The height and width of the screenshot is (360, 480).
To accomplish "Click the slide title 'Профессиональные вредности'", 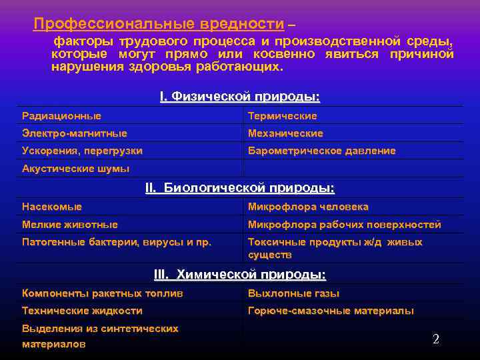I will (x=159, y=24).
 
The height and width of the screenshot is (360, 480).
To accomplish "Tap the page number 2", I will (x=436, y=339).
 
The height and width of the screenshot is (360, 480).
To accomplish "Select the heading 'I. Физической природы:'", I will (x=240, y=97).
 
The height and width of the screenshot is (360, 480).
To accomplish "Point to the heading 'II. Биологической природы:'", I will (x=240, y=189).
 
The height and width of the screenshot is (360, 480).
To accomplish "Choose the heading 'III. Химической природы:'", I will (x=240, y=275).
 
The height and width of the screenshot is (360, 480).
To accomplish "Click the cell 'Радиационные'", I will (x=62, y=116).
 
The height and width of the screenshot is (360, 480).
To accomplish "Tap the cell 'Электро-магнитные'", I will (x=75, y=133).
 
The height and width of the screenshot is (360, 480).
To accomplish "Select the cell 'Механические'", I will (x=285, y=133).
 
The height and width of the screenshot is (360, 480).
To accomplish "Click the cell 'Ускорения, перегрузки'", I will (x=82, y=151).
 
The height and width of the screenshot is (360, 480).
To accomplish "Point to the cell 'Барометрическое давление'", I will (x=322, y=151).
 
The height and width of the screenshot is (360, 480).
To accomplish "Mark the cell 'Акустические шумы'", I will (x=76, y=169).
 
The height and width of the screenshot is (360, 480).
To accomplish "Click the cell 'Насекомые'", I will (x=52, y=207).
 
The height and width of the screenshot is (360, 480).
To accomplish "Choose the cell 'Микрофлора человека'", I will (x=308, y=207).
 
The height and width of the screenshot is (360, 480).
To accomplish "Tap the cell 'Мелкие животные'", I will (x=70, y=225).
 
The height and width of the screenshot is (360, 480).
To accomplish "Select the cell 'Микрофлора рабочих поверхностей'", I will (x=345, y=225).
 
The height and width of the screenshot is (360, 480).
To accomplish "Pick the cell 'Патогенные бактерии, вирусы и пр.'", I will (x=117, y=242).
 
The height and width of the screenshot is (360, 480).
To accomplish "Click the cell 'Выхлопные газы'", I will (x=293, y=293).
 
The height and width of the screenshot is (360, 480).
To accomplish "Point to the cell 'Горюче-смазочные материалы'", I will (x=331, y=311).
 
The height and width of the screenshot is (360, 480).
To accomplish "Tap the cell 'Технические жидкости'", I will (x=82, y=311).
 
